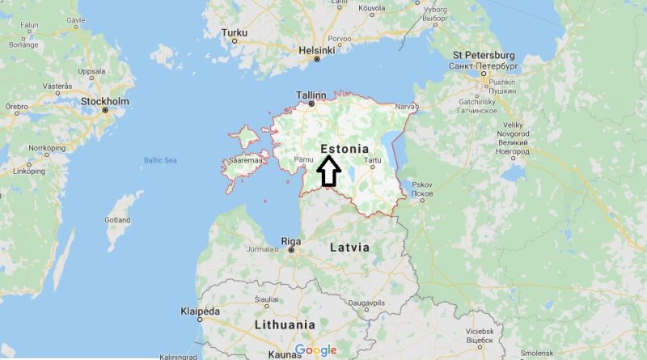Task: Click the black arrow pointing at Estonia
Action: coord(328,171)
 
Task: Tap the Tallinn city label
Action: coord(311,95)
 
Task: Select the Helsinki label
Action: coord(317,49)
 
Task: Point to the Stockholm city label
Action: coord(105,101)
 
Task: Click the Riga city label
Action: coord(290,240)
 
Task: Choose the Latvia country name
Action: coord(349,247)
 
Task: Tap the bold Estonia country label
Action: coord(345,149)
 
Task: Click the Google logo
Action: coord(315,349)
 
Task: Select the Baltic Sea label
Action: coord(159,160)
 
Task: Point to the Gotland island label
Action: coord(117,220)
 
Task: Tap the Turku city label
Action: coord(234,33)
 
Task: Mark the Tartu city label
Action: coord(373,160)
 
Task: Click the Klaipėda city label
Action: coord(199,311)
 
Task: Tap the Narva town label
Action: coord(404,104)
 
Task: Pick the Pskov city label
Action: coord(422,184)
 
